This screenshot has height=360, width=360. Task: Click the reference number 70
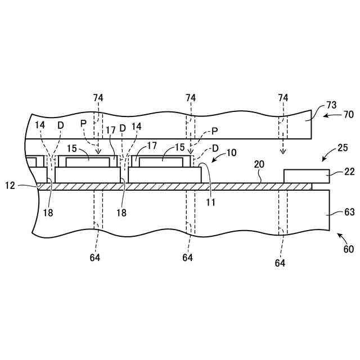348,114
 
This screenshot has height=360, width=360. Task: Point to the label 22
349,173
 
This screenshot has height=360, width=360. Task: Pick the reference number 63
349,213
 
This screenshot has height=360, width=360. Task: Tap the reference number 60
348,249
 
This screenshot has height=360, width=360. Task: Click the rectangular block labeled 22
307,176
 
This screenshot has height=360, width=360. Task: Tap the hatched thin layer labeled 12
169,186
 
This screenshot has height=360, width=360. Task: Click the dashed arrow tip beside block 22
283,153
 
